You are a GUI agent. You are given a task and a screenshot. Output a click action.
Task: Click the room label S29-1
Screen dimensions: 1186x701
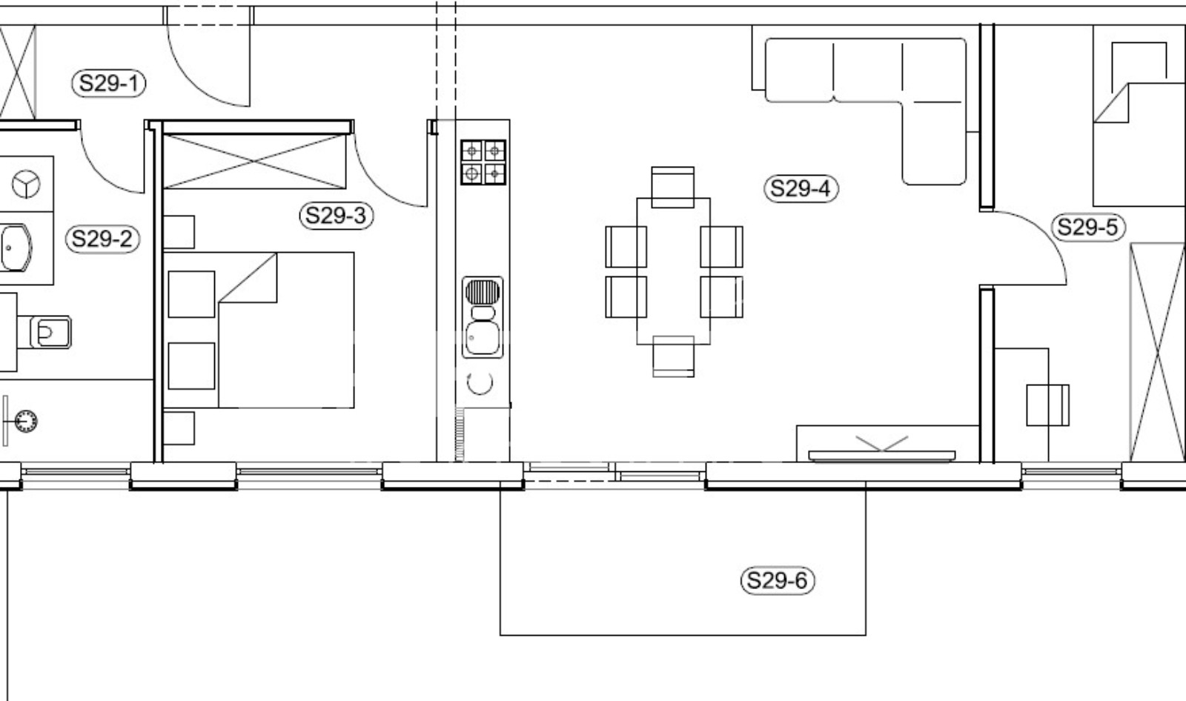click(x=108, y=83)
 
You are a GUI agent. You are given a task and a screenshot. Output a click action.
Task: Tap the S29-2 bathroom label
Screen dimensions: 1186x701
click(x=102, y=239)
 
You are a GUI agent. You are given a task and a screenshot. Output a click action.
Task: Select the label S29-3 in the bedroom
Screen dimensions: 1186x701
click(x=337, y=216)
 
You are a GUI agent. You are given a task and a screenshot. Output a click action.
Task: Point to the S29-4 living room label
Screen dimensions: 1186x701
click(x=801, y=188)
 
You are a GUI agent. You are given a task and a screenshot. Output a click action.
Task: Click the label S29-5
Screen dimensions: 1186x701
click(x=1088, y=227)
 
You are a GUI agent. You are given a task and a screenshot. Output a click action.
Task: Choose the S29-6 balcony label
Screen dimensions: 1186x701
click(x=778, y=581)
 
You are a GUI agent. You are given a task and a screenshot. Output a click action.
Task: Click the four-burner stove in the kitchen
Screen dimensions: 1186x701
click(x=483, y=162)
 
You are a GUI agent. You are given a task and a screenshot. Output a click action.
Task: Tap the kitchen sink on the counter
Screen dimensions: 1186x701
click(x=483, y=317)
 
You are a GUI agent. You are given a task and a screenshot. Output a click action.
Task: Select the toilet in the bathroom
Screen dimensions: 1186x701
click(x=50, y=333)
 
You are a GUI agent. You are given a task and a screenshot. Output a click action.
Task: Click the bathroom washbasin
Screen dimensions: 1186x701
click(x=16, y=247)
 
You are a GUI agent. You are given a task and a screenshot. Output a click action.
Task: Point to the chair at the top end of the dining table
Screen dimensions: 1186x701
click(x=673, y=187)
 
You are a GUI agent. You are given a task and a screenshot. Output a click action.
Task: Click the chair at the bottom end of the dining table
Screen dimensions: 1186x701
click(x=674, y=356)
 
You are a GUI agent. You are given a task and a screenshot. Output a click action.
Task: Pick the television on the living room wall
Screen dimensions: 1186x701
click(x=882, y=455)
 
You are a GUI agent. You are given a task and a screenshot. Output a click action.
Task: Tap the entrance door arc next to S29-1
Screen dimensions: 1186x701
click(x=190, y=82)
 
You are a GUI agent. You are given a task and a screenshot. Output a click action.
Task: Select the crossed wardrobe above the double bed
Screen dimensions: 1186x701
click(x=255, y=161)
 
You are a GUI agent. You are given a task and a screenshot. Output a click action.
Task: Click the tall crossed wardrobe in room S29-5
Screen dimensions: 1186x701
click(x=1157, y=352)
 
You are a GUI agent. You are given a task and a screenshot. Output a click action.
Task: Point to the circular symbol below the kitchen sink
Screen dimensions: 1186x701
click(x=480, y=383)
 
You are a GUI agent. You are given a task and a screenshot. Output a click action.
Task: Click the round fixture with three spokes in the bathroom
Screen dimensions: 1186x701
click(x=26, y=185)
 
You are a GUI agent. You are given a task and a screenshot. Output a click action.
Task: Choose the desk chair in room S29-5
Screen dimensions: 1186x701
click(x=1048, y=405)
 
